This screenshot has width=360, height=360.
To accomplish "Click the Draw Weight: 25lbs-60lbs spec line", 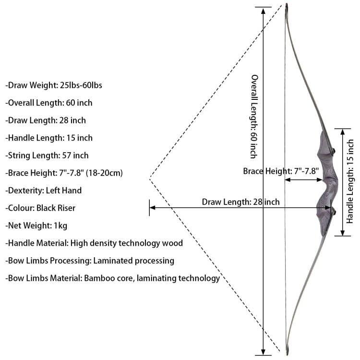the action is click(x=54, y=85).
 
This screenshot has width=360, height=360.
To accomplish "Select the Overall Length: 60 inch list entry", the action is click(x=49, y=103).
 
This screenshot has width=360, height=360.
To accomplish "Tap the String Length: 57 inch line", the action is click(x=47, y=156).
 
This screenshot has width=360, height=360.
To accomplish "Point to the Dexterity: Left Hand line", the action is click(x=44, y=191).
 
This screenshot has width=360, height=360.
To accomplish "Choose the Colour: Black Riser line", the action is click(x=40, y=208).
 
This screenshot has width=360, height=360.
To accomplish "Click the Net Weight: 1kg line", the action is click(x=36, y=226).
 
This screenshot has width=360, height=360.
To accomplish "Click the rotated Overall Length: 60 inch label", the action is click(x=254, y=117).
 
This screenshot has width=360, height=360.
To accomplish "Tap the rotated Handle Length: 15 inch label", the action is click(x=350, y=181).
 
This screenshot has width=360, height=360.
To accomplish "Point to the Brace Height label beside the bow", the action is click(x=281, y=171).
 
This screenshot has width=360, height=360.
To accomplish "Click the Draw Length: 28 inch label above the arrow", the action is click(x=241, y=202).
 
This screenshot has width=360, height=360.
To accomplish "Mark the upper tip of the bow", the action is click(x=287, y=4).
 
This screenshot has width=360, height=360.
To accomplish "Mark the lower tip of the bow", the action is click(x=287, y=355).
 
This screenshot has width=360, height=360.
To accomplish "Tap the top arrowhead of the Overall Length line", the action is click(x=264, y=10).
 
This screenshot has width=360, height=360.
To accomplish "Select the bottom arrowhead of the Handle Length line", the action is click(x=343, y=233).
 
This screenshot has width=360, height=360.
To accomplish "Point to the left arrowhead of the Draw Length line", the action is click(x=153, y=208).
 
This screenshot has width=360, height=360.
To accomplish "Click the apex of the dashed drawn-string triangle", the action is click(x=150, y=179).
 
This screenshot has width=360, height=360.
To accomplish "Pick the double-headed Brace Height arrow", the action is click(x=303, y=180).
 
